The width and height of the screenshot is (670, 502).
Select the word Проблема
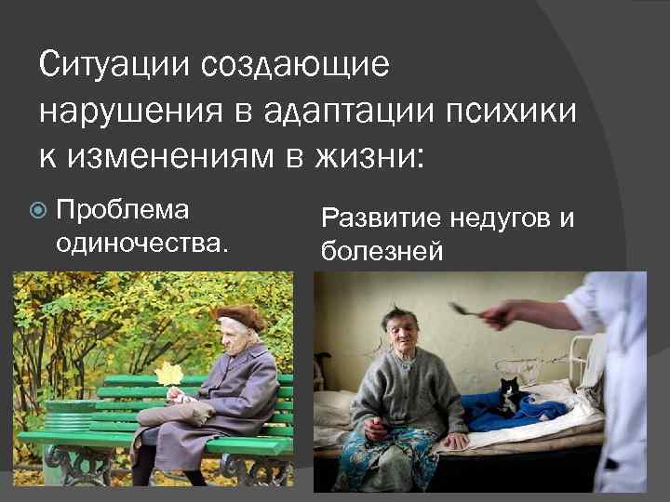[122, 210]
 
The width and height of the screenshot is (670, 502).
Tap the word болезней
[382, 250]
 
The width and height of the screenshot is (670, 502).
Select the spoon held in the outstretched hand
[465, 308]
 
